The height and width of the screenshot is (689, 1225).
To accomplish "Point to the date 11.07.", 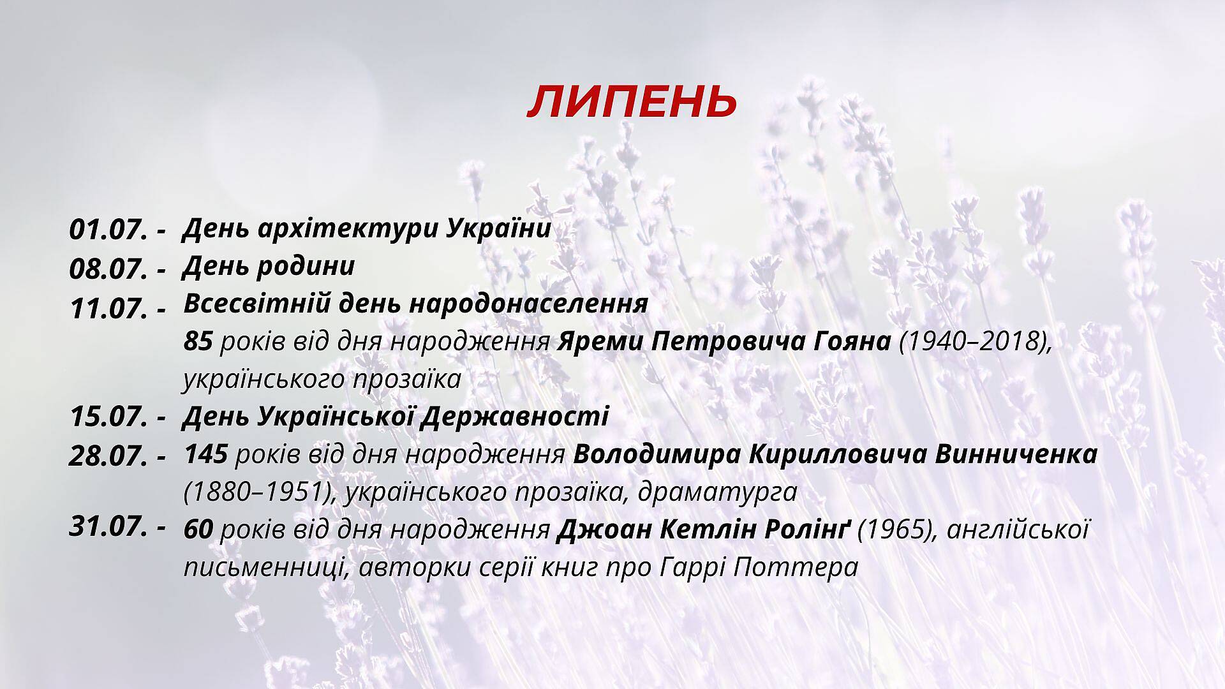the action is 108,309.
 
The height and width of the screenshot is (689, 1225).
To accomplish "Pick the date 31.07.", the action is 108,527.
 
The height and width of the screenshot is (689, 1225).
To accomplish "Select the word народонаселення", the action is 528,304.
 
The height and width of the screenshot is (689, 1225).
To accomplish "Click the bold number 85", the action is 198,342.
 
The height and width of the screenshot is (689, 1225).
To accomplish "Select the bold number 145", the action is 206,455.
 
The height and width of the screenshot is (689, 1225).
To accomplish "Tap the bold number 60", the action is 198,530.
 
